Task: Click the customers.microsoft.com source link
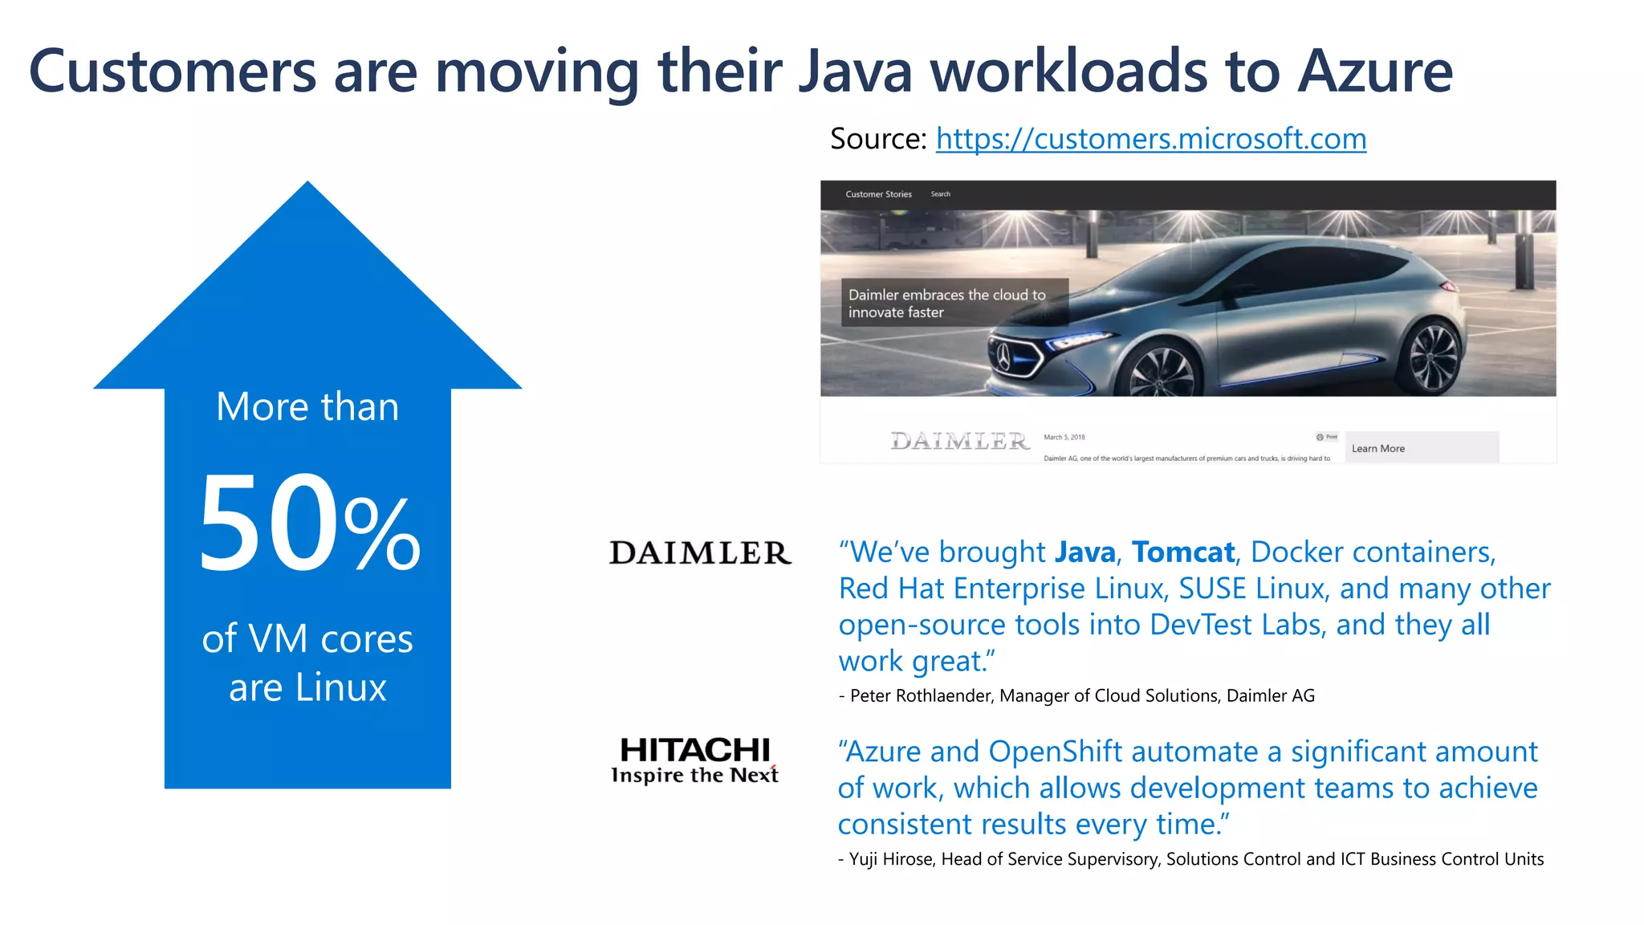click(x=1150, y=139)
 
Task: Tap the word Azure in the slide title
click(x=1375, y=71)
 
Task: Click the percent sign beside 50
click(x=382, y=533)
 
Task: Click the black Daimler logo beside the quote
click(x=700, y=552)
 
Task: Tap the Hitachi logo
click(x=695, y=760)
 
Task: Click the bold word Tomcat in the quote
click(x=1182, y=552)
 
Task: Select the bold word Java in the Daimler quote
click(x=1084, y=552)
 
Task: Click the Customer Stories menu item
click(x=878, y=194)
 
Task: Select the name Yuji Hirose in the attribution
click(x=891, y=859)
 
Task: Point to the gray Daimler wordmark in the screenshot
click(x=959, y=441)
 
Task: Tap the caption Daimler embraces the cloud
click(x=947, y=304)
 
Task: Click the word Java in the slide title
click(x=856, y=71)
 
